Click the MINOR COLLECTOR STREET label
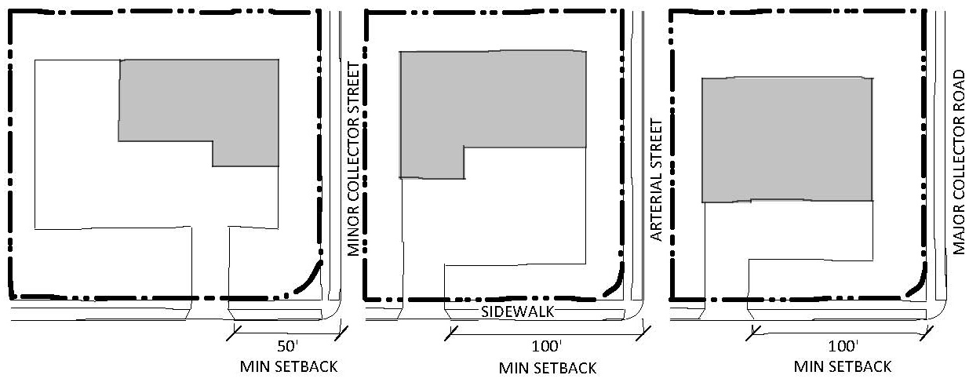(x=353, y=158)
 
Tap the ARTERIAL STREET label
(x=656, y=180)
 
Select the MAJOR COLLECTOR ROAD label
(x=959, y=162)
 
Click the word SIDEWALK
(x=518, y=311)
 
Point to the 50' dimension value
(x=288, y=346)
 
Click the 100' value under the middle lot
(x=546, y=346)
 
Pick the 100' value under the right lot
(x=843, y=346)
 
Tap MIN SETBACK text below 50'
(x=289, y=366)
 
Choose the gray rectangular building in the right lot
(x=788, y=140)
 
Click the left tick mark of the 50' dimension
(x=234, y=333)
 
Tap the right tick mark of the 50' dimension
(x=341, y=333)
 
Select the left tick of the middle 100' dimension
(x=450, y=333)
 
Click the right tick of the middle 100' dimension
(x=643, y=333)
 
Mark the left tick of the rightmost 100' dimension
(x=753, y=333)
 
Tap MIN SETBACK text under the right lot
(x=843, y=366)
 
